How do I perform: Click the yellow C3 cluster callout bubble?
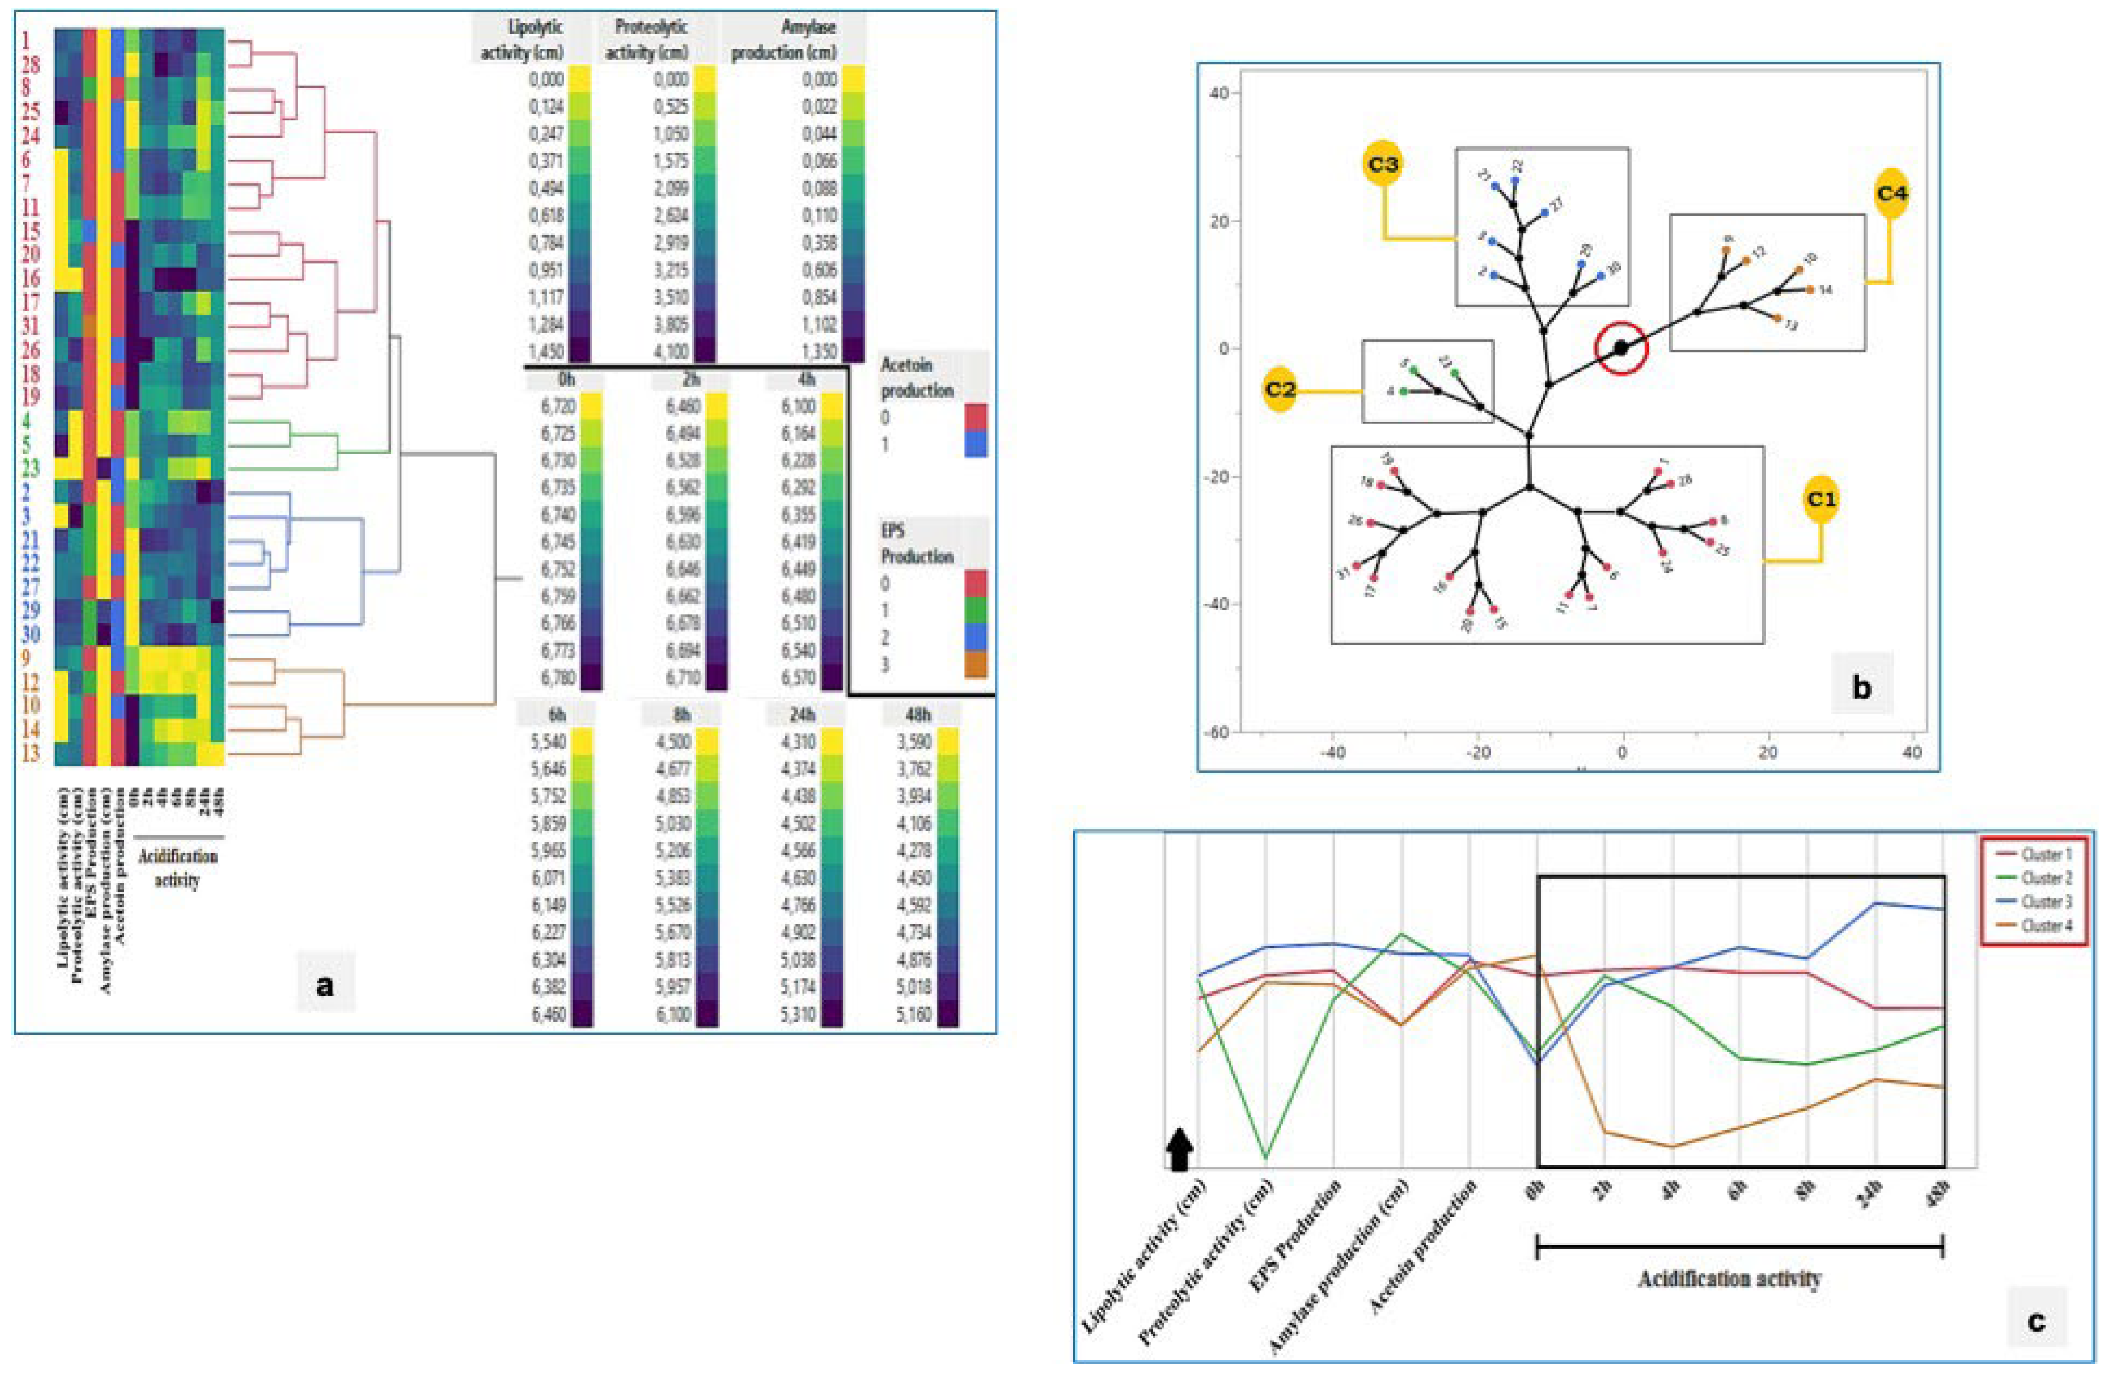(1383, 164)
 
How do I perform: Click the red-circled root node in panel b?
(1621, 349)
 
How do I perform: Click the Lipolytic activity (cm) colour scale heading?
(522, 40)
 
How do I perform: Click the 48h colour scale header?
(919, 714)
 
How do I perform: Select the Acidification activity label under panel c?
(1728, 1279)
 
